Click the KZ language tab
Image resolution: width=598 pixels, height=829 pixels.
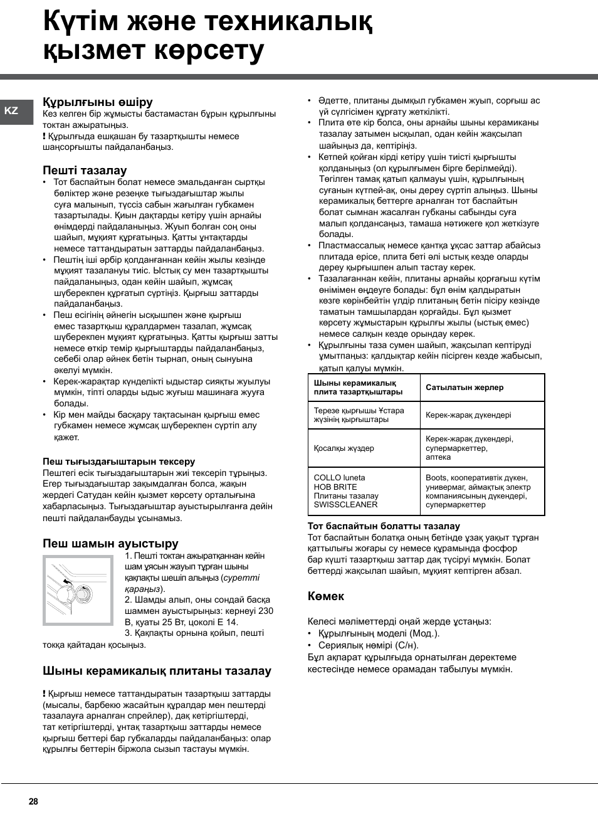tap(11, 111)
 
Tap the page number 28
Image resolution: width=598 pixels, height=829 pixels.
tap(33, 801)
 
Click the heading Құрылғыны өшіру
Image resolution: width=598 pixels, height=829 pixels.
tap(98, 102)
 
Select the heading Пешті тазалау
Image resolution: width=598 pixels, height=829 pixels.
tap(85, 170)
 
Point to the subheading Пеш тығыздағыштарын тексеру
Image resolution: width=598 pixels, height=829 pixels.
tap(118, 462)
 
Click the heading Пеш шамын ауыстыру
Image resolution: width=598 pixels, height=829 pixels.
tap(110, 543)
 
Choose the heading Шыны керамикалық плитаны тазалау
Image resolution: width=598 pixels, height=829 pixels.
tap(157, 670)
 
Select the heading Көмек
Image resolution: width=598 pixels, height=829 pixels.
tap(325, 596)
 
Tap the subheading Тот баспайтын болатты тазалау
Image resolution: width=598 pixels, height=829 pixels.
tap(384, 526)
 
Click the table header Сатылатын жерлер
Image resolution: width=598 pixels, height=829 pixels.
tap(464, 388)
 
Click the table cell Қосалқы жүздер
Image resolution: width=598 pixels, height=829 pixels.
tap(344, 448)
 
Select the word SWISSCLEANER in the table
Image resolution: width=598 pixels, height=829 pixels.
tap(345, 505)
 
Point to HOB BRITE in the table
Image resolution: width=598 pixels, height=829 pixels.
tap(335, 487)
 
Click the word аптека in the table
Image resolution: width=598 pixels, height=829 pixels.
tap(438, 457)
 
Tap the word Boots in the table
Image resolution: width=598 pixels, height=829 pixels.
tap(436, 478)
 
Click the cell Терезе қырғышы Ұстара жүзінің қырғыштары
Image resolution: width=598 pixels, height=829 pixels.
tap(359, 415)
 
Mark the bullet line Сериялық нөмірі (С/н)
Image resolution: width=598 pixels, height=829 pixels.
tap(368, 645)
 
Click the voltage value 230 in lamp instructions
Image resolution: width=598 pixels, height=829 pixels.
tap(266, 611)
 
